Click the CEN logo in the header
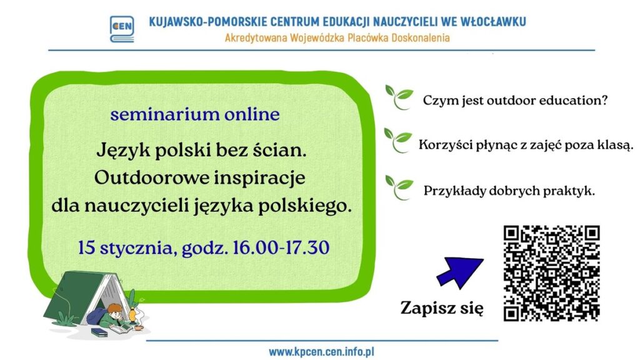121,29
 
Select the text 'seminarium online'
194,115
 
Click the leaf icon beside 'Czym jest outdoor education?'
399,97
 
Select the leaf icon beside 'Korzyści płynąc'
397,141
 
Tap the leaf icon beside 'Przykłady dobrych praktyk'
399,186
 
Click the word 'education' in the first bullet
574,101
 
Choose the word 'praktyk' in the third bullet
571,191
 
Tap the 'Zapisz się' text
441,309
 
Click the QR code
551,272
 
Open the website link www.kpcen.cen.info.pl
321,352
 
